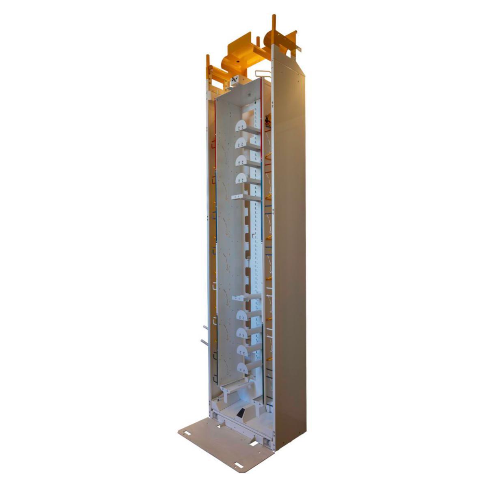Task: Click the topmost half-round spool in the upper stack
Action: [x=241, y=125]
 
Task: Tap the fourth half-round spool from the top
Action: [x=241, y=178]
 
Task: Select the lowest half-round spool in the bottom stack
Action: [x=242, y=368]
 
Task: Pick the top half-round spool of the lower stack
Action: [x=242, y=315]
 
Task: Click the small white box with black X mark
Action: [x=235, y=80]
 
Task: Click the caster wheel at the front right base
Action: [x=266, y=441]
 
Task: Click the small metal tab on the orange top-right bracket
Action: [x=299, y=49]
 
